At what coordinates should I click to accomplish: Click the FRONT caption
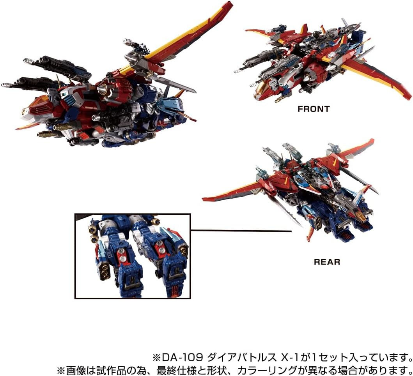point(313,109)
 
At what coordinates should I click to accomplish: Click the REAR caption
point(327,262)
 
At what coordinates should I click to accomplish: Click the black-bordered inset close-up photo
point(133,256)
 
